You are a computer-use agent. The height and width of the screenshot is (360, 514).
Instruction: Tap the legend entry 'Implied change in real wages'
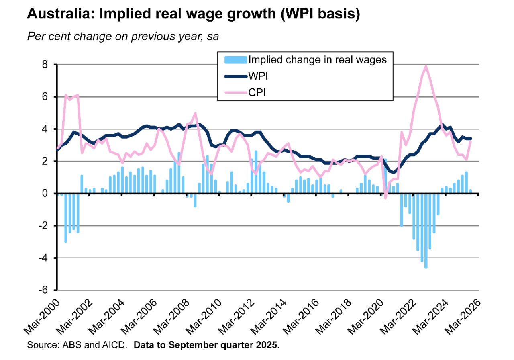(317, 60)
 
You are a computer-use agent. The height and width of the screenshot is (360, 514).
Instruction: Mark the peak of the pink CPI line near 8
(426, 66)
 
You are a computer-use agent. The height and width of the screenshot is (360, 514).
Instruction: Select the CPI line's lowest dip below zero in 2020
(385, 198)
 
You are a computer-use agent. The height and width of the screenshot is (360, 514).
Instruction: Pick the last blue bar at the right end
(470, 192)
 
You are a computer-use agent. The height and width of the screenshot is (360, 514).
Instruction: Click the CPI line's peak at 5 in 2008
(195, 113)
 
